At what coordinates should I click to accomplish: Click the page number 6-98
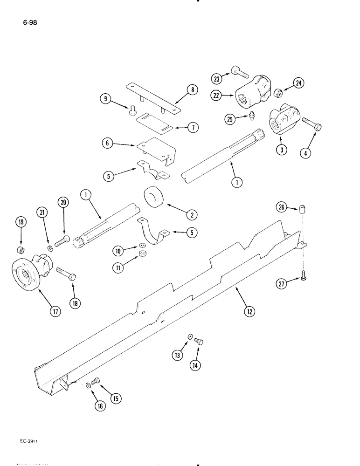click(x=29, y=21)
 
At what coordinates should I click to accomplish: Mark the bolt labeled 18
click(x=66, y=274)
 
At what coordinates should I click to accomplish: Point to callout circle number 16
click(x=100, y=405)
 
